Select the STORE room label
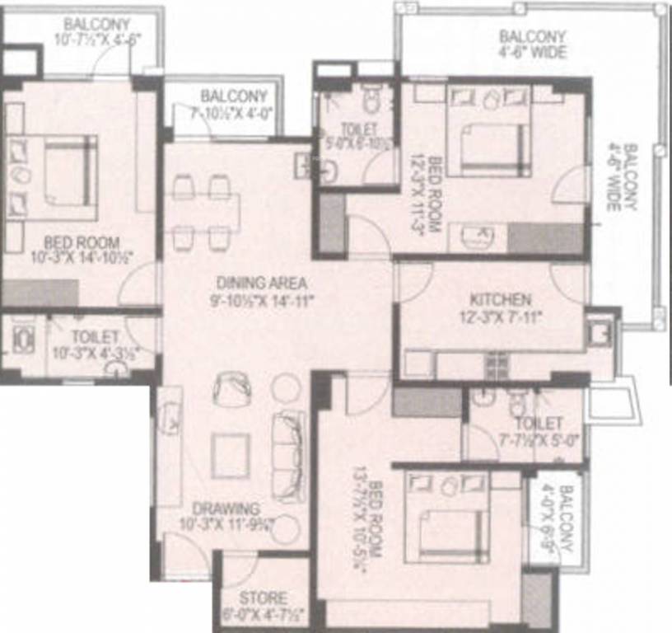click(263, 598)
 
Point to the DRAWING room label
click(226, 509)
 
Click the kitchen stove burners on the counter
click(496, 361)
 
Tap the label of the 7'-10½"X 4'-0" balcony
click(233, 96)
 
